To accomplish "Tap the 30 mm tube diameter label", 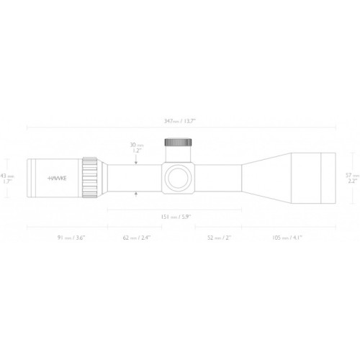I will click(137, 144).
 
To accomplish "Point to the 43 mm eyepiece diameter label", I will click(8, 175).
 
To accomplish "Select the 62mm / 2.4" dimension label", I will click(136, 237).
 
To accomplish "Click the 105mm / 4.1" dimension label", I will click(289, 237).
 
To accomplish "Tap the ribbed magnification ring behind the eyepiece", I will click(90, 176).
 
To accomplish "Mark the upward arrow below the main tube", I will click(138, 192).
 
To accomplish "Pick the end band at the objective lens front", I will click(328, 176).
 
